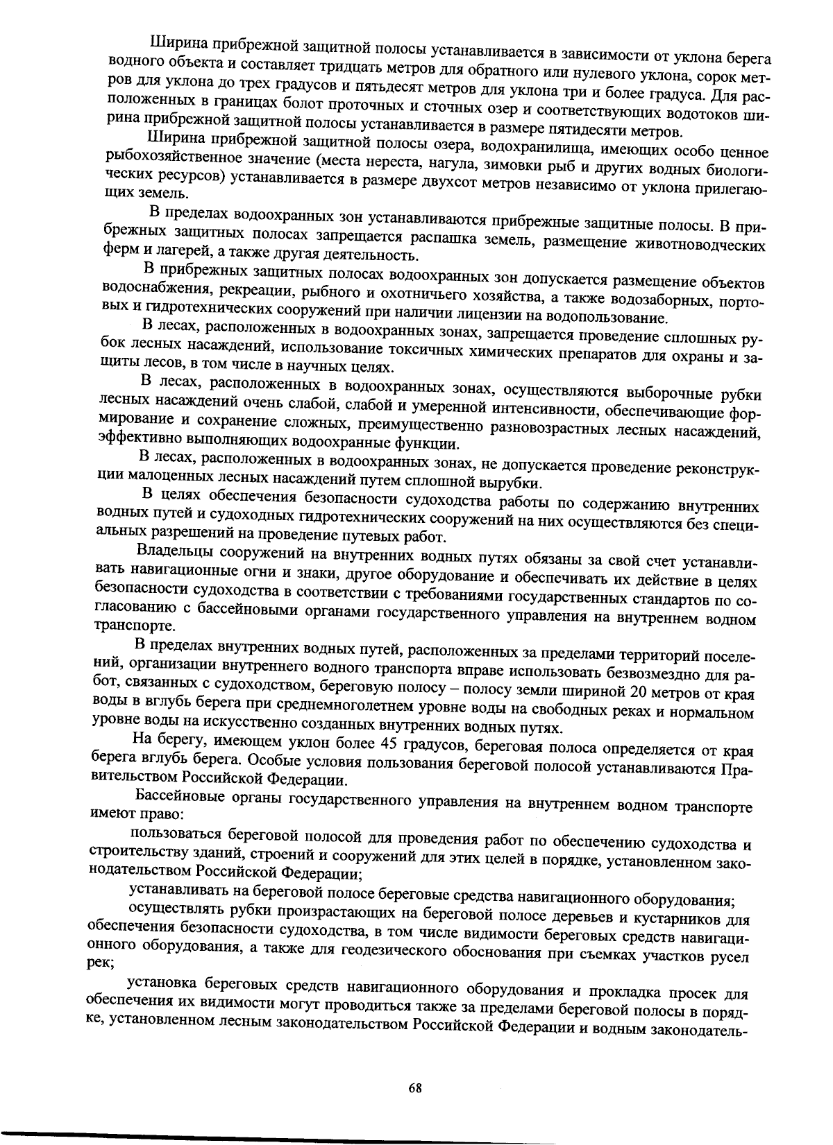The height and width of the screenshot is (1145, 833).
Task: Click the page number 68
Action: [415, 1088]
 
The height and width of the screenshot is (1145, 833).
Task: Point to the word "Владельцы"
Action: [174, 553]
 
